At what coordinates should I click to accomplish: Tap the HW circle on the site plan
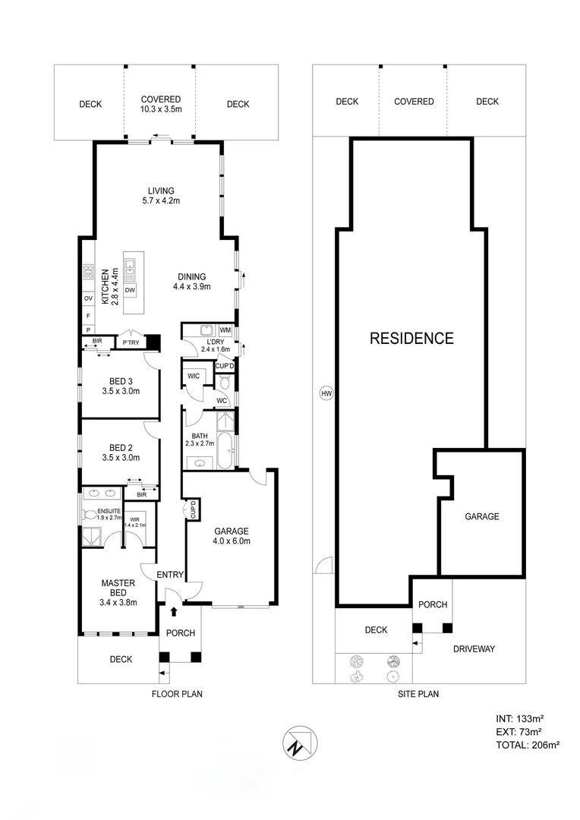326,393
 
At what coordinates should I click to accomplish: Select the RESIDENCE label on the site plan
411,339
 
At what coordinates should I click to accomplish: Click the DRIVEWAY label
474,648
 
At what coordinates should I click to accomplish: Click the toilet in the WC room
224,382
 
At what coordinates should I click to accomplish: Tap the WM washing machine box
225,330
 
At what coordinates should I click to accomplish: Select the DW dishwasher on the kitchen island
130,290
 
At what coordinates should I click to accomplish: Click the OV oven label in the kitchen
87,298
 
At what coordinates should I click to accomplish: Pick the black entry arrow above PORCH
174,610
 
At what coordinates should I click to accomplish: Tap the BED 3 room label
120,386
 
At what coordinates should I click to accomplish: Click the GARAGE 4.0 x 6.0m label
232,536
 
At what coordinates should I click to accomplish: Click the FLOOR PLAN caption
177,693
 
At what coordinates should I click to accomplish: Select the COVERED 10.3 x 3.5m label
161,104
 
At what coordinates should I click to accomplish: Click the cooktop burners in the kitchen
87,270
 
